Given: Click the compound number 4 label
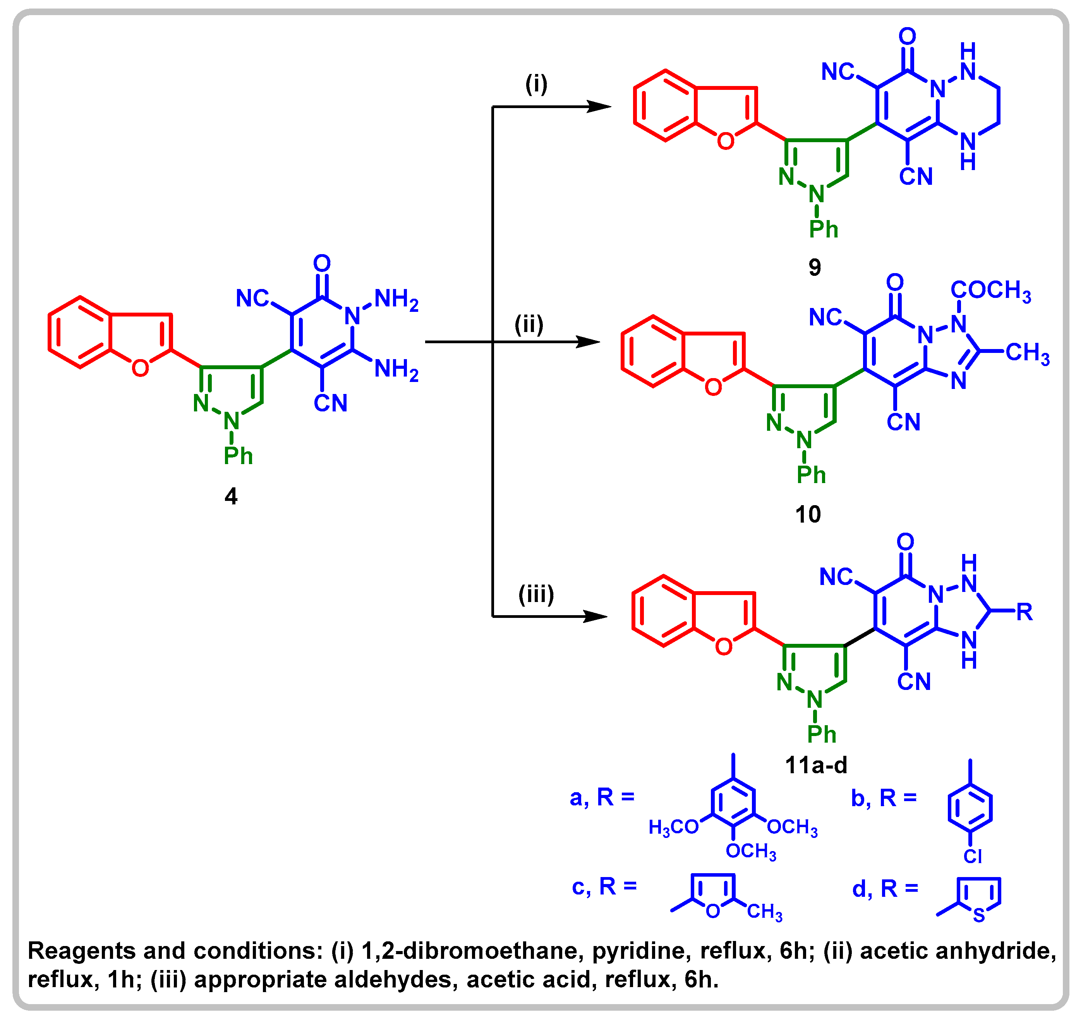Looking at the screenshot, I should (231, 496).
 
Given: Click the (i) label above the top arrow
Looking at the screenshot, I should (536, 84).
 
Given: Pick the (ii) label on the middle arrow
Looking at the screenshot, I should (529, 325).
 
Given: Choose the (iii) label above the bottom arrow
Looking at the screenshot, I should (536, 594).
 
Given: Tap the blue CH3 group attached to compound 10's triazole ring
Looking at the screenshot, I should (1027, 353).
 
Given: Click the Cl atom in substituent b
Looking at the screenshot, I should (972, 857).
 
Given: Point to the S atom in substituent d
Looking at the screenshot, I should (979, 916).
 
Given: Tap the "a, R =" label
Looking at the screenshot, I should (602, 798).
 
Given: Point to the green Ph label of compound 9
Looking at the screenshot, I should (823, 229).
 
